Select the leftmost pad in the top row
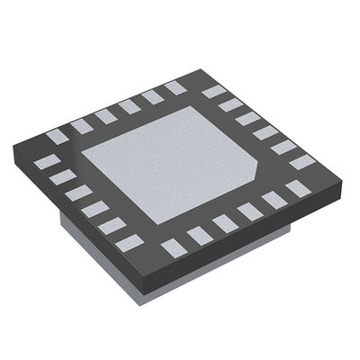coord(57,137)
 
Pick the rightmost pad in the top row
coord(174,87)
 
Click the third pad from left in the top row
coord(106,115)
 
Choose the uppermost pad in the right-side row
coord(213,91)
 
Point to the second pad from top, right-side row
coord(231,104)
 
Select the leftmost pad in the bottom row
coord(168,245)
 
